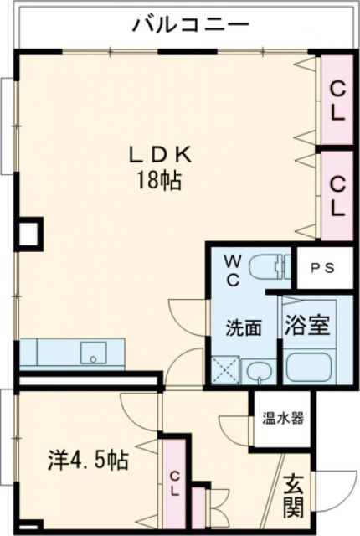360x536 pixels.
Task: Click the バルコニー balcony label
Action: click(191, 25)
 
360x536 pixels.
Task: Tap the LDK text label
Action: click(161, 155)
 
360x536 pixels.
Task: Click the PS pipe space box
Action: click(322, 268)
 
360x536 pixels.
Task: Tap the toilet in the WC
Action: click(270, 265)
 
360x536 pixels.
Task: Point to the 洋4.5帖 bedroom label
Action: click(87, 460)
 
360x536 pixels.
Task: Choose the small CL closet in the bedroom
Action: click(174, 483)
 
